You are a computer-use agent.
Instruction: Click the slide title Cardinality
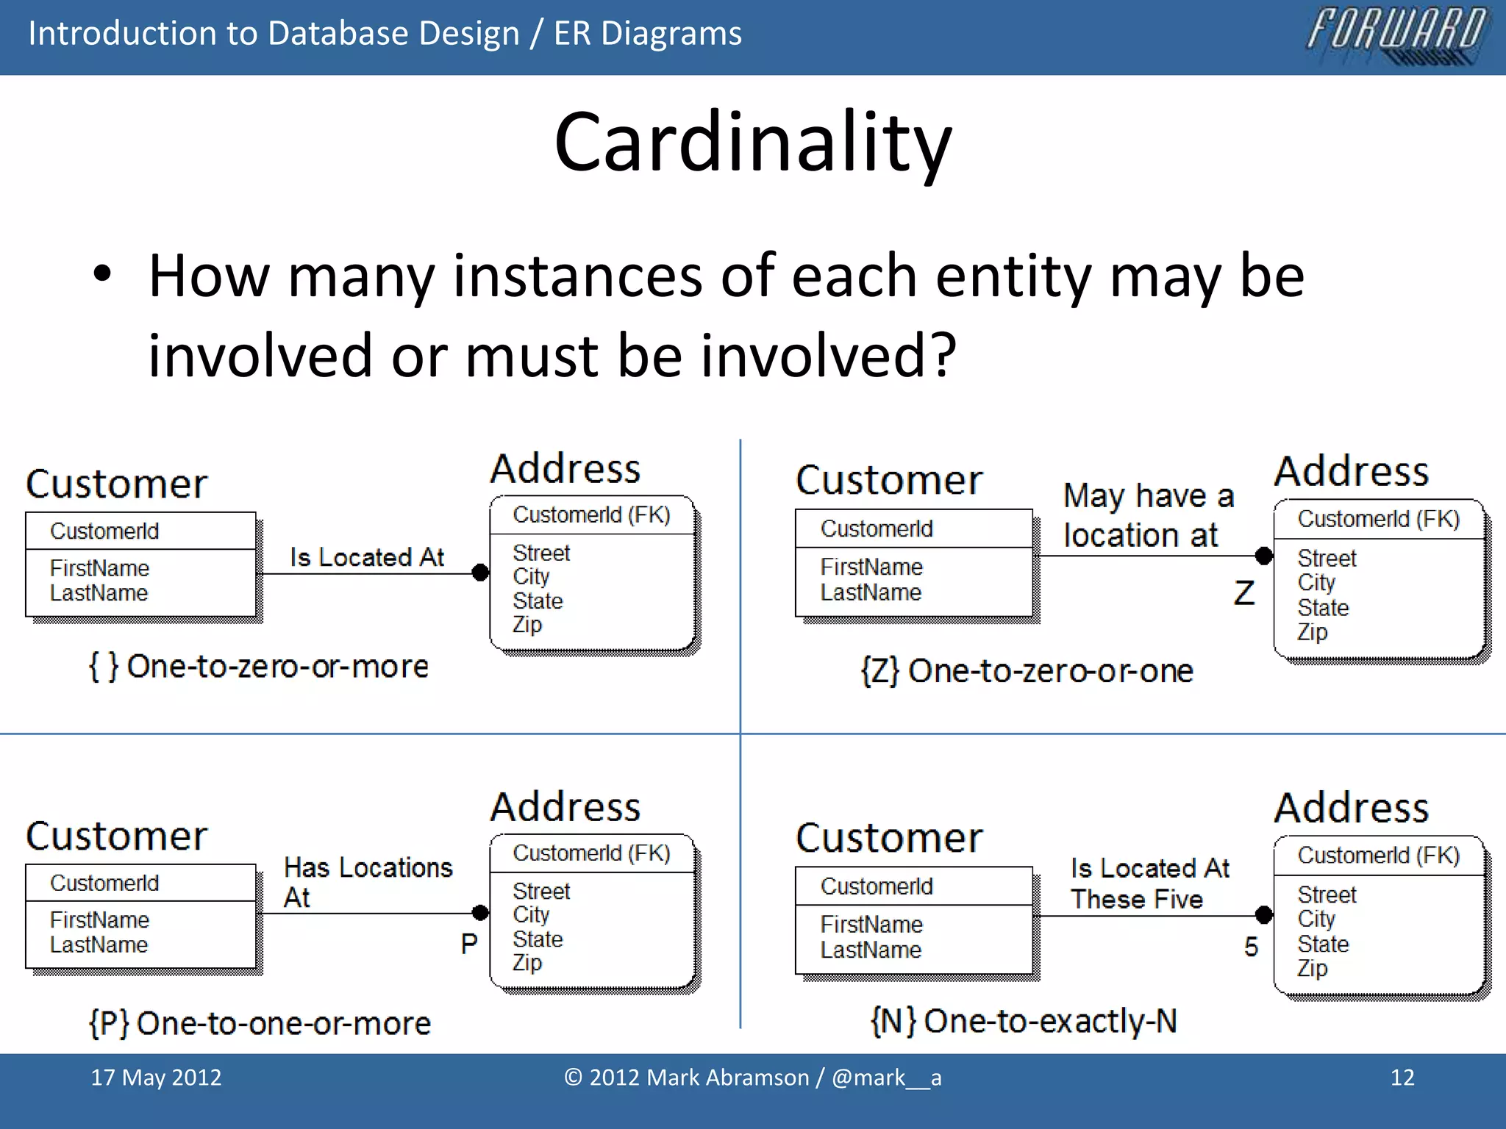753,141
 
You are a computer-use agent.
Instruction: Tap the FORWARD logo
1397,34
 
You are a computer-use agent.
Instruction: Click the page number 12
1402,1078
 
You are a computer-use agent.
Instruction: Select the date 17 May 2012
156,1078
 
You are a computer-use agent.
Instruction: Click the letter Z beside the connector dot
1244,593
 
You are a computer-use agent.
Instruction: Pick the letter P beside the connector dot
469,944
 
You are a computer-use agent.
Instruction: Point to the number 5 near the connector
1251,947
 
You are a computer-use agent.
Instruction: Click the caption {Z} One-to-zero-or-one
1027,671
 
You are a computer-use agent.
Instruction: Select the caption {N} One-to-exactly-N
1024,1021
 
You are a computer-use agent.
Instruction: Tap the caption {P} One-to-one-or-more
260,1023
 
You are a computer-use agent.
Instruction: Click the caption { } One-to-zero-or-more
258,667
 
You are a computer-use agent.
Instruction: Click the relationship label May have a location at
1148,515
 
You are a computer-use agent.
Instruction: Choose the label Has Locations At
367,882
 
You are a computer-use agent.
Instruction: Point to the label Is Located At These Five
1149,884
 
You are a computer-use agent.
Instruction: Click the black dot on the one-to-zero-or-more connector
480,572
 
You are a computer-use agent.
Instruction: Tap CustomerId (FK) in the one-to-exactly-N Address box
1378,856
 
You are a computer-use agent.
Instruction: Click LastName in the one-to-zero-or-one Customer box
871,592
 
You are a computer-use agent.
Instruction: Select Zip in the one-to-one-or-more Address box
527,963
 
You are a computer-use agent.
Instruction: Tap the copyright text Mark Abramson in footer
752,1078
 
